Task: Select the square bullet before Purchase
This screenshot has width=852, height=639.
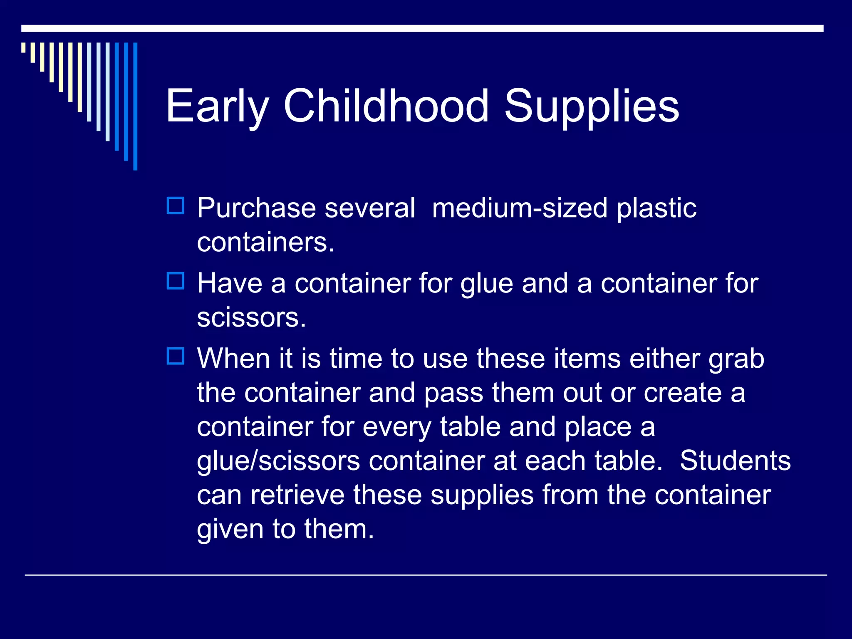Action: point(176,206)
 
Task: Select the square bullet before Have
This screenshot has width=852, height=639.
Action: point(176,281)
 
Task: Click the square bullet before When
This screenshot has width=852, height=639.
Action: point(176,357)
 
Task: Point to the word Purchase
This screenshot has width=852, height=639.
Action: point(256,208)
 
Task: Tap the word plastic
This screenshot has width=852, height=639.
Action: point(656,208)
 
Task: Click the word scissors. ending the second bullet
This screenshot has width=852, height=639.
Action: point(251,318)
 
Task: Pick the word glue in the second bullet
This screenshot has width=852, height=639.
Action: point(486,285)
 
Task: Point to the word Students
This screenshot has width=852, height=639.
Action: point(735,461)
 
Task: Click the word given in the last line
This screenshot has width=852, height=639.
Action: point(230,530)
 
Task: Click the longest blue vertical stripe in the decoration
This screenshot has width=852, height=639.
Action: point(135,106)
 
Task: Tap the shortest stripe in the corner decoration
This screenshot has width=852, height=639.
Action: point(23,47)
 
